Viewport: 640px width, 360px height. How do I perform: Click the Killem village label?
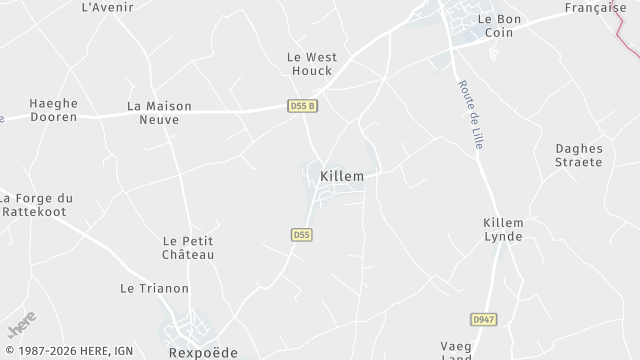341,176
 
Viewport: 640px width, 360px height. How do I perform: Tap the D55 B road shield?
302,106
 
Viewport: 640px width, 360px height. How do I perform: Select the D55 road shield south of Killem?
302,235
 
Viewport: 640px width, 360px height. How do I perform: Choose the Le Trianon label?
154,289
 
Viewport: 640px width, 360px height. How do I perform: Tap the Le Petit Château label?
188,247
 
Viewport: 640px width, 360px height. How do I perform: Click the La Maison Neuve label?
153,112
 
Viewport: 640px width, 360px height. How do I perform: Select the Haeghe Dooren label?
54,110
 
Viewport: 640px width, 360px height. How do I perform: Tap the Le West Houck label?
311,64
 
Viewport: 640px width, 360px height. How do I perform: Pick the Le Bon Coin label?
500,26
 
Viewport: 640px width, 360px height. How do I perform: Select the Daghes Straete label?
580,156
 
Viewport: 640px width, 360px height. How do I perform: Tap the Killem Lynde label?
503,229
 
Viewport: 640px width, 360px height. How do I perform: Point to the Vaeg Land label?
455,349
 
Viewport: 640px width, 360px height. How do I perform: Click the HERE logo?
22,327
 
